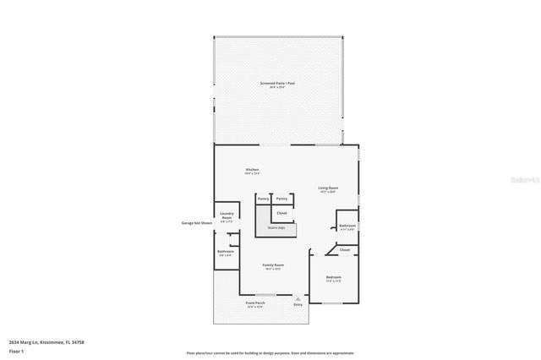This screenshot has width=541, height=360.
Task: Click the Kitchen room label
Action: coord(252,170)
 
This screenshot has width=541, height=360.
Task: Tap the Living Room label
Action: coord(328,188)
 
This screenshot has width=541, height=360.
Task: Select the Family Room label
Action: coord(273,265)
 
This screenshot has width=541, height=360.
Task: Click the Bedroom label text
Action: coord(334,277)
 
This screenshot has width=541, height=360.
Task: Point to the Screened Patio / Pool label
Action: coord(277,84)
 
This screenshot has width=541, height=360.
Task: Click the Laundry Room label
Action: coord(226,216)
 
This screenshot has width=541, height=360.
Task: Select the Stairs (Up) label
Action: coord(276,227)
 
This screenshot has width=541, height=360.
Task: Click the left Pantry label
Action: coord(263,199)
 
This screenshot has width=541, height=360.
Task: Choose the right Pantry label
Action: coord(282,199)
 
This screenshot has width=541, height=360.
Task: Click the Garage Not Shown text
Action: coord(194,223)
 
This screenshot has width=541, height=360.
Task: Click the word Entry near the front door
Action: coord(298,304)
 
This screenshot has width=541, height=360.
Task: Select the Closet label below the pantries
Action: coord(282,213)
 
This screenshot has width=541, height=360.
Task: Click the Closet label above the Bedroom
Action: coord(345,250)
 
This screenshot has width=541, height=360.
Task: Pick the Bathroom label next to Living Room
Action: coord(347,226)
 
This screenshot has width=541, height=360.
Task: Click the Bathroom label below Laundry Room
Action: coord(225,251)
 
